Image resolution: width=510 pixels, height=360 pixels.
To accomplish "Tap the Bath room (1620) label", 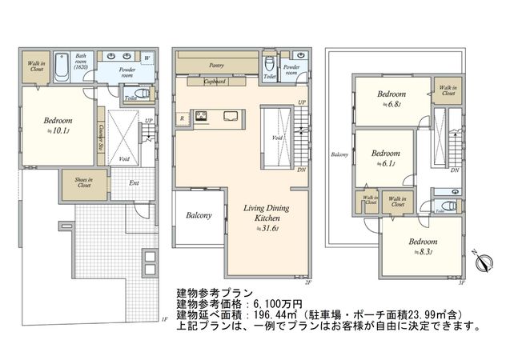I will pos(81,61).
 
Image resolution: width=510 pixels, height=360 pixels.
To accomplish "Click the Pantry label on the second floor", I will pos(215,66).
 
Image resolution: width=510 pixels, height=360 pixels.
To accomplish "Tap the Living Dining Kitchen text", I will pos(267,213).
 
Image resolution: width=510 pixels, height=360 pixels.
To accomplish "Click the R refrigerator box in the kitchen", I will pos(183,118).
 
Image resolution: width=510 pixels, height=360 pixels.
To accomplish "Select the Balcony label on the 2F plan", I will pos(199,216).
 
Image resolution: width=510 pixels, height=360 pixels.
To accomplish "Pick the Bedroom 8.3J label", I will pos(423,245).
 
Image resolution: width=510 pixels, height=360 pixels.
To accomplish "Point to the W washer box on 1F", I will pos(147,59).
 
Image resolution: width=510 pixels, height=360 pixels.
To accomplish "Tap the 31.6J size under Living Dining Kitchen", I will pos(267,228).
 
